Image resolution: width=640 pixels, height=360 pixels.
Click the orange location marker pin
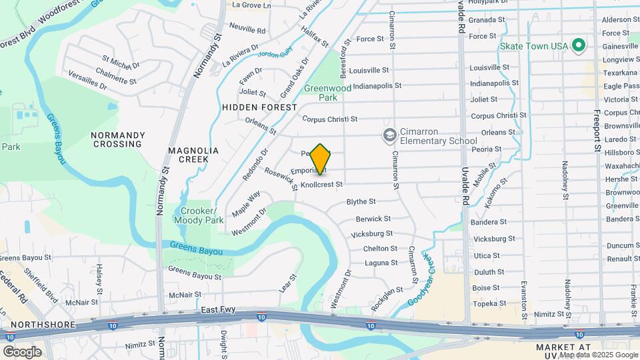[321, 159]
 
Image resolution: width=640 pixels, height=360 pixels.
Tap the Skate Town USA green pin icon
[579, 45]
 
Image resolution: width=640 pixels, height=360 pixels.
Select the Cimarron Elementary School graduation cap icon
[389, 136]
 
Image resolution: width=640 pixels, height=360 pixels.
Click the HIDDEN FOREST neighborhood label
[259, 107]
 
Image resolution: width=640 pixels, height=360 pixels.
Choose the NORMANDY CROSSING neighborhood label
[118, 139]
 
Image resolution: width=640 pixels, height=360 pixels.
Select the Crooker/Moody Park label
[199, 215]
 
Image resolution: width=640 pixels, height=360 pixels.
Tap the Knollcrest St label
[321, 185]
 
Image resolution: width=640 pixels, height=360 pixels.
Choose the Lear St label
[287, 283]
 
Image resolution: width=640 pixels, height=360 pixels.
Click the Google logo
[23, 351]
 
